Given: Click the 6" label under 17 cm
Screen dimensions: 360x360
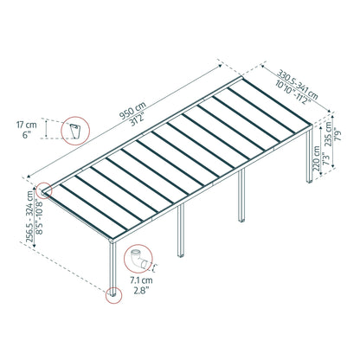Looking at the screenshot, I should pos(36,136).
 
